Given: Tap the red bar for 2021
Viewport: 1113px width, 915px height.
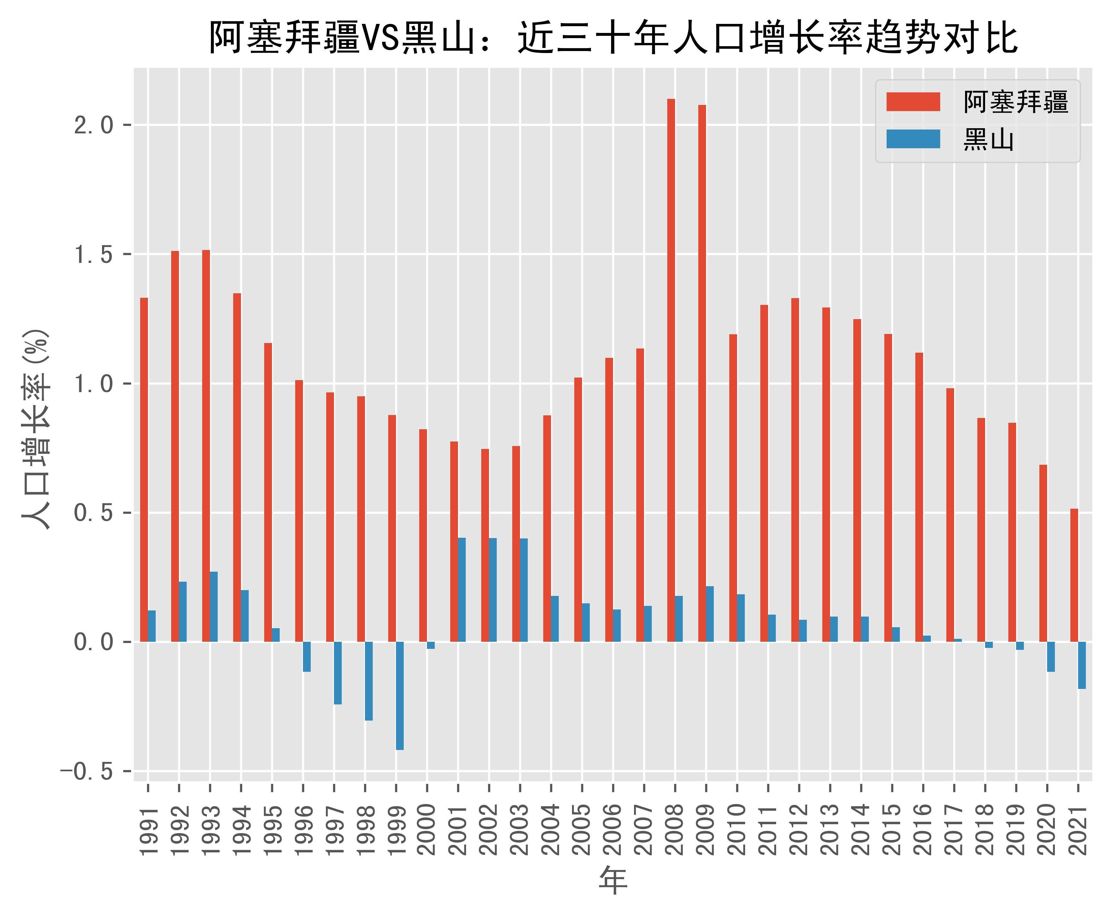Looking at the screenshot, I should point(1074,575).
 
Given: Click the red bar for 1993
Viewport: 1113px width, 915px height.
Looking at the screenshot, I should point(206,445).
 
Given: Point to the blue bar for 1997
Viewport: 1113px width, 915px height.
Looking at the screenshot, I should point(338,672).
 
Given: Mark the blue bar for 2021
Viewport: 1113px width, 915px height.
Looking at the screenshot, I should point(1082,665).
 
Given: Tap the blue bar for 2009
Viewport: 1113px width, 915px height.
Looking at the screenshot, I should point(710,614).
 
